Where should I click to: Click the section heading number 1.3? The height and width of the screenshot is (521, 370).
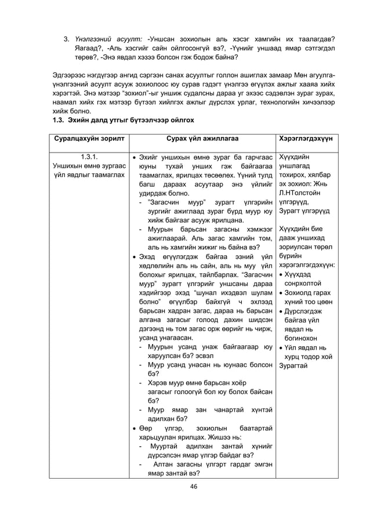coord(59,120)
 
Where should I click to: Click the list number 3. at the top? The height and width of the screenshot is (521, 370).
coord(67,39)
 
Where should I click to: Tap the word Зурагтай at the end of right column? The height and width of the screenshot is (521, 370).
coord(295,366)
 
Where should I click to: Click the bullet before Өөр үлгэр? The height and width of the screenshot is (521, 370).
coord(135,429)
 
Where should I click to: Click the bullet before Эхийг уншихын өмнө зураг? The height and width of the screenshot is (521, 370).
coord(135,157)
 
